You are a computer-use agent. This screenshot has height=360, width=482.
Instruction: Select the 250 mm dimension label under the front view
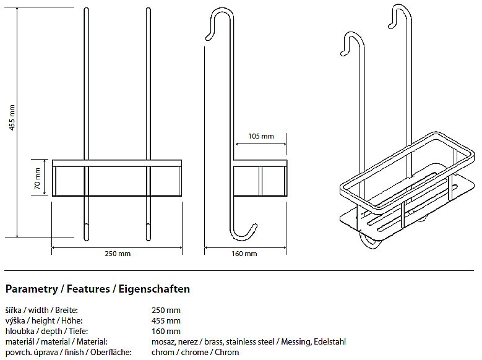coord(117,254)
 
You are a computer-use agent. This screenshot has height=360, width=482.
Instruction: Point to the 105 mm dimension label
coord(260,136)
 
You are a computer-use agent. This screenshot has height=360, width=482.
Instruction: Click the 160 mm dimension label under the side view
coord(244,254)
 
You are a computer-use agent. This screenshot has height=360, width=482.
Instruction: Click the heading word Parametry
coord(31,289)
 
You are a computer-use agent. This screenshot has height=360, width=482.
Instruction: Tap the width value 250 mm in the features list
coord(166,310)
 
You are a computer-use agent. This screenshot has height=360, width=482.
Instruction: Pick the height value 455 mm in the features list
coord(166,320)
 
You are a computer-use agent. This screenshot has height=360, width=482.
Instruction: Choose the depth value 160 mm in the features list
coord(166,331)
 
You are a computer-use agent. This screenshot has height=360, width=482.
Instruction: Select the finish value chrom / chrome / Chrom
coord(195,352)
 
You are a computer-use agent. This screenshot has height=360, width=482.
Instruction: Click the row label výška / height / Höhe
coord(41,320)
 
